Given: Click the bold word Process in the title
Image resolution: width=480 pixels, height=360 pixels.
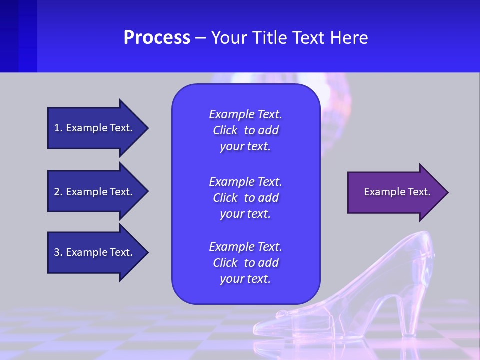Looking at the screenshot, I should (x=157, y=38).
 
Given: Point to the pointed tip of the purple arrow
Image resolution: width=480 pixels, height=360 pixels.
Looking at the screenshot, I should (x=447, y=192).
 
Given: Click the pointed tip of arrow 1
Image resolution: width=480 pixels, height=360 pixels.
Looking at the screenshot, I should (x=147, y=128).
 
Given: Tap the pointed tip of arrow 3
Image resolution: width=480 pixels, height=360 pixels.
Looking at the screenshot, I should (x=147, y=252).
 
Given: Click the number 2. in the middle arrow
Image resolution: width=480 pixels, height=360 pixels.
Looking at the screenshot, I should (x=58, y=192).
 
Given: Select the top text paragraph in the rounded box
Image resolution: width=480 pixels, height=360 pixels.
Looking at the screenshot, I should (x=245, y=130).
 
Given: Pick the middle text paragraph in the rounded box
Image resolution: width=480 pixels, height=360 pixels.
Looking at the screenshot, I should (x=245, y=198).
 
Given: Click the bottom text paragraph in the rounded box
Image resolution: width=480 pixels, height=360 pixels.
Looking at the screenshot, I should (x=245, y=263).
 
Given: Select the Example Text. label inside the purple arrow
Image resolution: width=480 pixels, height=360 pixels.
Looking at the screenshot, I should (x=397, y=192).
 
